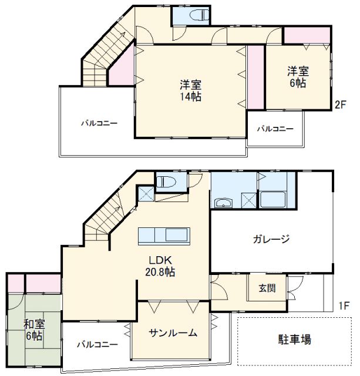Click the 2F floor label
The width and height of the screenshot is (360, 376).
[341, 105]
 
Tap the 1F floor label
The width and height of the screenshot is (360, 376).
[344, 305]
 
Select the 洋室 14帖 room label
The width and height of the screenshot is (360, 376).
[190, 90]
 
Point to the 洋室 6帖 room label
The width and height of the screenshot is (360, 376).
[298, 77]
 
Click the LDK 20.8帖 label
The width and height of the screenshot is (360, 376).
[160, 266]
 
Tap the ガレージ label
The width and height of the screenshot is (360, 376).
[271, 239]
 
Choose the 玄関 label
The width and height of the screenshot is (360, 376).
[267, 288]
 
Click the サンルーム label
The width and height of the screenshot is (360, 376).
[173, 333]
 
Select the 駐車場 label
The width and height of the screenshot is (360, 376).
[295, 340]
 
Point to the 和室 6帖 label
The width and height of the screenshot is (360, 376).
[34, 330]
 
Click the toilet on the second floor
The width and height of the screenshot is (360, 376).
[200, 15]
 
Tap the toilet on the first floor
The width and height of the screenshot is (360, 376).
[166, 182]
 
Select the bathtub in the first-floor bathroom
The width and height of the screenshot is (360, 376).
[272, 200]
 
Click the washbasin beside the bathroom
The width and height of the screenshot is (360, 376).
[223, 203]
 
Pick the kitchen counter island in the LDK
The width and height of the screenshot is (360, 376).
[164, 236]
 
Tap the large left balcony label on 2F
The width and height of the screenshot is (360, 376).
[99, 123]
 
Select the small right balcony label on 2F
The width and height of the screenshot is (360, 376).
[275, 129]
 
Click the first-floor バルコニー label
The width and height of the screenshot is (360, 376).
[97, 345]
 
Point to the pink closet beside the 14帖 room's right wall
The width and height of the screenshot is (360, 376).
[255, 77]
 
